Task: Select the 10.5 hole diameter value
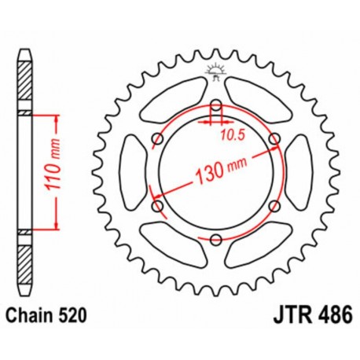point(229,135)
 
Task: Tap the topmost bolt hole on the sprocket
point(216,105)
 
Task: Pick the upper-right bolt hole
point(274,140)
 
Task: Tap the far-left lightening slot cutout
point(130,173)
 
